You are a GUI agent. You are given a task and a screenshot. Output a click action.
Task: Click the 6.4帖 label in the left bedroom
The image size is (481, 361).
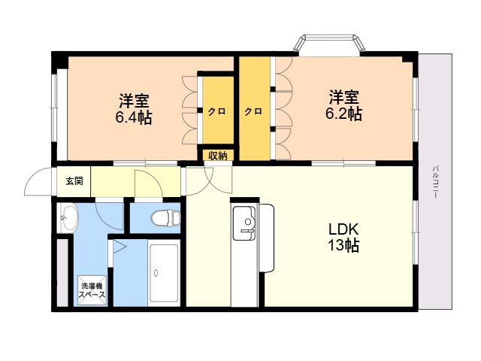[x=134, y=117]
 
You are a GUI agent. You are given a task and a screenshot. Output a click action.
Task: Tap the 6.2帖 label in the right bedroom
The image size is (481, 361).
[x=343, y=114]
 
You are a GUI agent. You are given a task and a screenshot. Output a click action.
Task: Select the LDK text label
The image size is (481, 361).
[x=343, y=229]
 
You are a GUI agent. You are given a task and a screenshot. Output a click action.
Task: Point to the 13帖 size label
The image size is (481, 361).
[x=343, y=246]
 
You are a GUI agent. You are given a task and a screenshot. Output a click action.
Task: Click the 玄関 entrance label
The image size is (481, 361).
[x=74, y=181]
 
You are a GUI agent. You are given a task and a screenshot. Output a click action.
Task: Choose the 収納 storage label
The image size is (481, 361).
[x=218, y=156]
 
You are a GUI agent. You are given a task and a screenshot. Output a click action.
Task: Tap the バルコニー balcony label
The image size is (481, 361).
[x=435, y=182]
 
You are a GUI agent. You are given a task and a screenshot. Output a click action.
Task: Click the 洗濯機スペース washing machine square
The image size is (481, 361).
[x=92, y=290]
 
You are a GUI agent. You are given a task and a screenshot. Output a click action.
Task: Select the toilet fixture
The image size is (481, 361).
[x=165, y=217]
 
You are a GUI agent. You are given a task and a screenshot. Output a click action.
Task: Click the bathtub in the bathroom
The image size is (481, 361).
[x=164, y=273]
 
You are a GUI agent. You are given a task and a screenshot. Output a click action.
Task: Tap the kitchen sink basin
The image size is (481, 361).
[x=244, y=223]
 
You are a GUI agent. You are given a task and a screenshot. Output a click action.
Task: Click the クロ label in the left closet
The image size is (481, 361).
[x=217, y=111]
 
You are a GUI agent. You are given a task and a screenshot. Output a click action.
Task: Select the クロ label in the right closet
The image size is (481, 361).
[x=253, y=111]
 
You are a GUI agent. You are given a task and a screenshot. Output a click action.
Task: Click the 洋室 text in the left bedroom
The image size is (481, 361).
[x=134, y=101]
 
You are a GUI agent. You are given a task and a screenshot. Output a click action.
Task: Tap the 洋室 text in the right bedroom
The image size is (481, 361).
[x=344, y=97]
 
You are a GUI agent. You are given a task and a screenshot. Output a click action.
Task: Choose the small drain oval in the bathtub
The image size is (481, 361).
[x=156, y=273]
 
